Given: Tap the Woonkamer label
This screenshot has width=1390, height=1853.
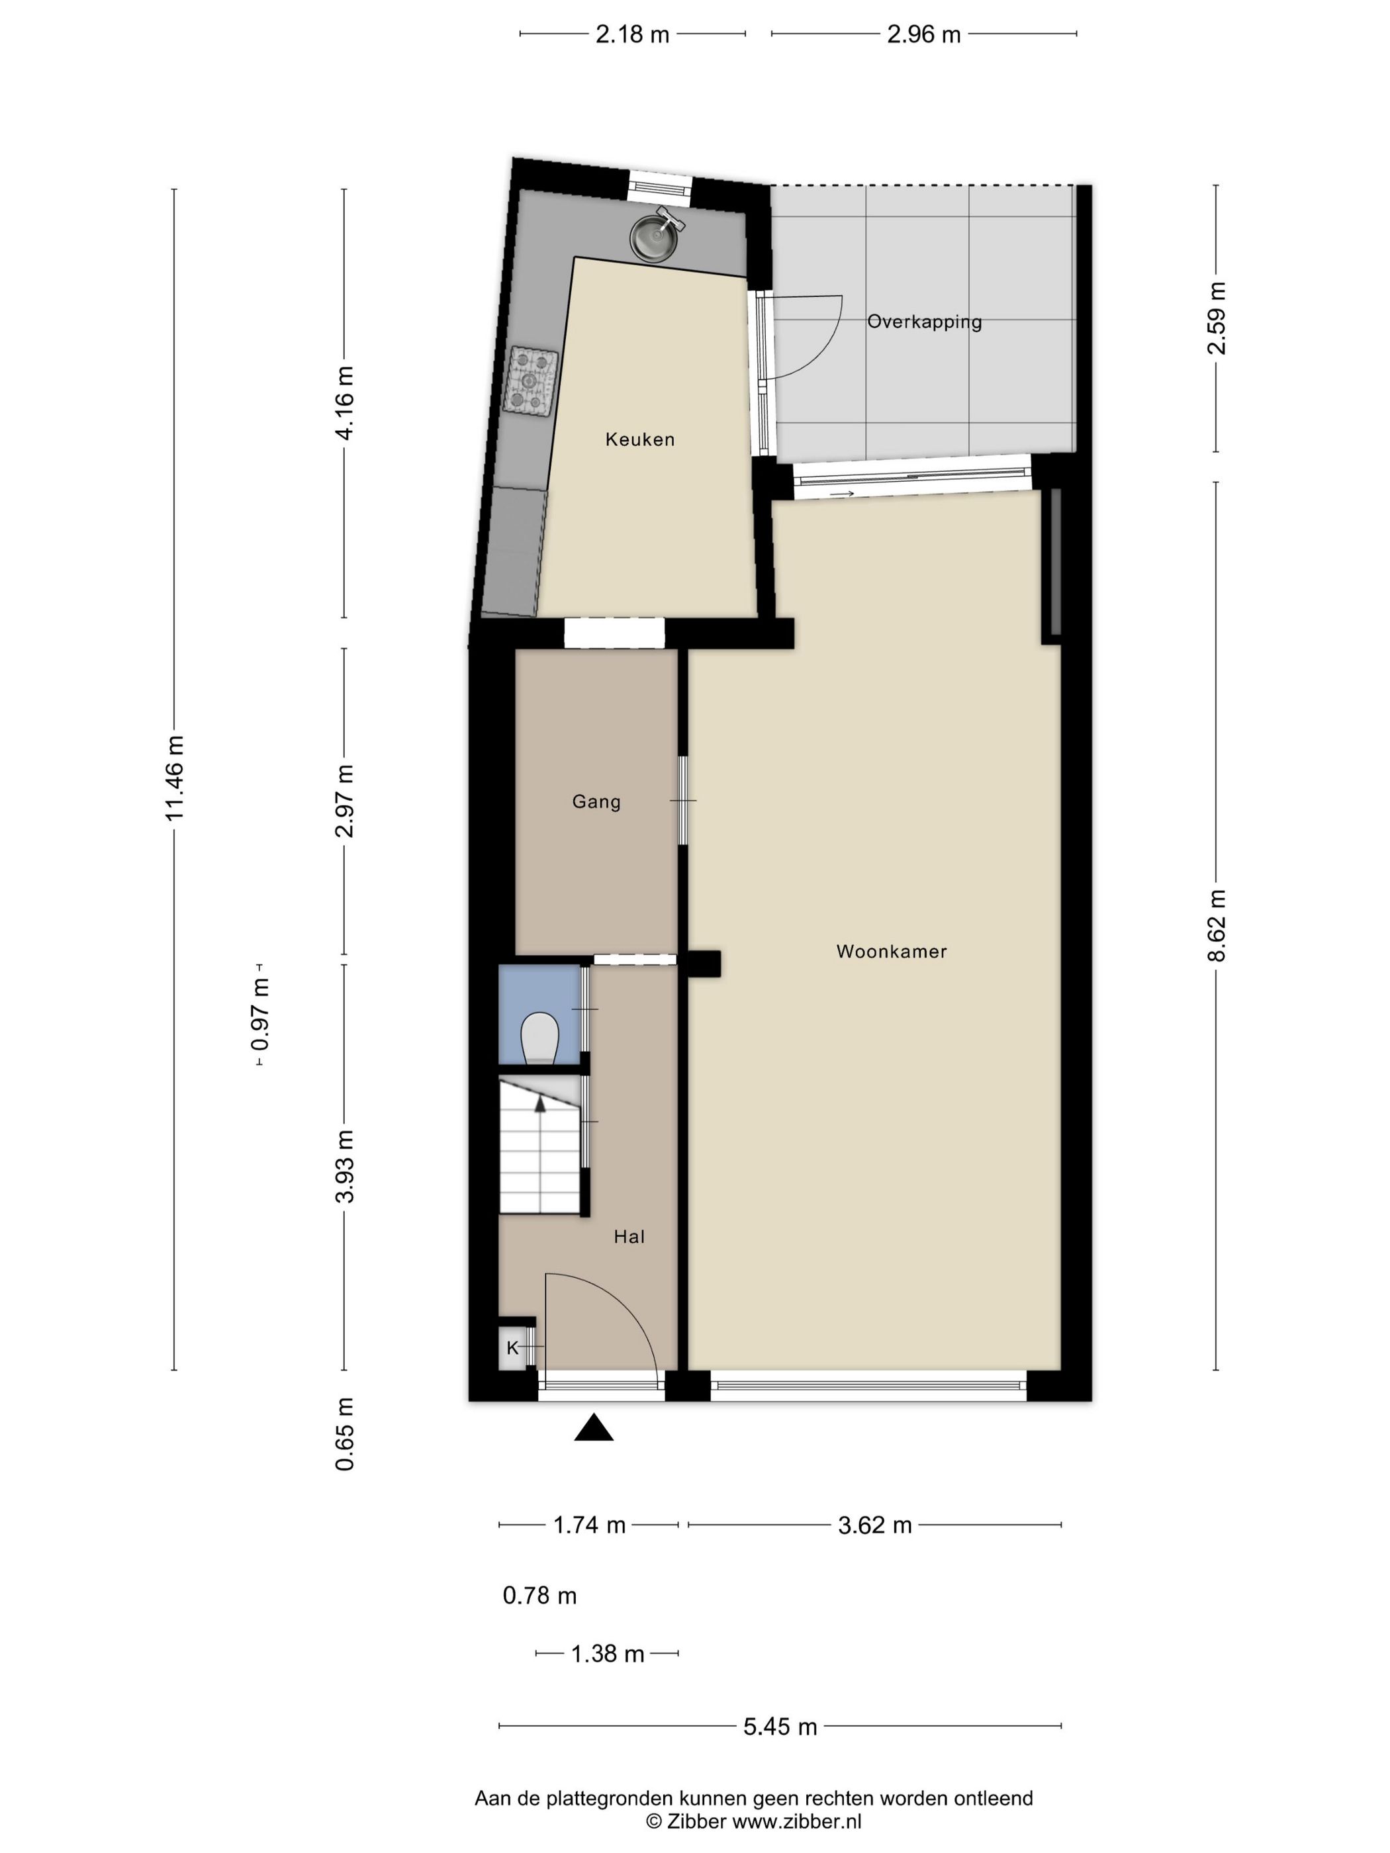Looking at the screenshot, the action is pyautogui.click(x=892, y=952).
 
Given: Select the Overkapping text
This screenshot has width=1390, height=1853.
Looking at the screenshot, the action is pyautogui.click(x=924, y=322).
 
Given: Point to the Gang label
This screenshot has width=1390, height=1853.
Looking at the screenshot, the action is pyautogui.click(x=596, y=801).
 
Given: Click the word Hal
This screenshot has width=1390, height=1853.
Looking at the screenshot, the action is pyautogui.click(x=629, y=1236).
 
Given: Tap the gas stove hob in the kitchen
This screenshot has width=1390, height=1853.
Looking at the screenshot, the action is pyautogui.click(x=530, y=381).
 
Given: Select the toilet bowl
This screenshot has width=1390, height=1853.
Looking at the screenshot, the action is pyautogui.click(x=540, y=1040).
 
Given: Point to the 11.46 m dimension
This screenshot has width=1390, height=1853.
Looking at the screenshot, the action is pyautogui.click(x=174, y=778).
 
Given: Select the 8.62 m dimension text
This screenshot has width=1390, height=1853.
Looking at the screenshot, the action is pyautogui.click(x=1217, y=925).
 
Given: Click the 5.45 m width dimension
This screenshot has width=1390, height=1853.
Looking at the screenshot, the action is pyautogui.click(x=780, y=1727).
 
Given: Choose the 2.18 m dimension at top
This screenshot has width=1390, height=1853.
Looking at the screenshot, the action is pyautogui.click(x=633, y=34).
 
